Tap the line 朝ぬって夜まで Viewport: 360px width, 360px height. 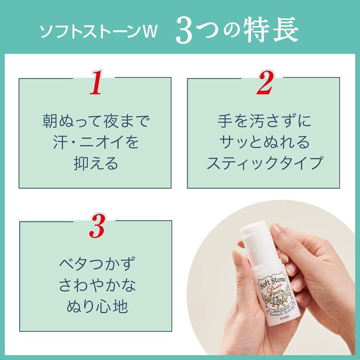95,121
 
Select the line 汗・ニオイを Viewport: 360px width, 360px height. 95,143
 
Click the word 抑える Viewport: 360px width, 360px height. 95,163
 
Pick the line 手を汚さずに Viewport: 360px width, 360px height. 264,121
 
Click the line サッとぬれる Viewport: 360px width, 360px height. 264,143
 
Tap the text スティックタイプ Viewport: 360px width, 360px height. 264,163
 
